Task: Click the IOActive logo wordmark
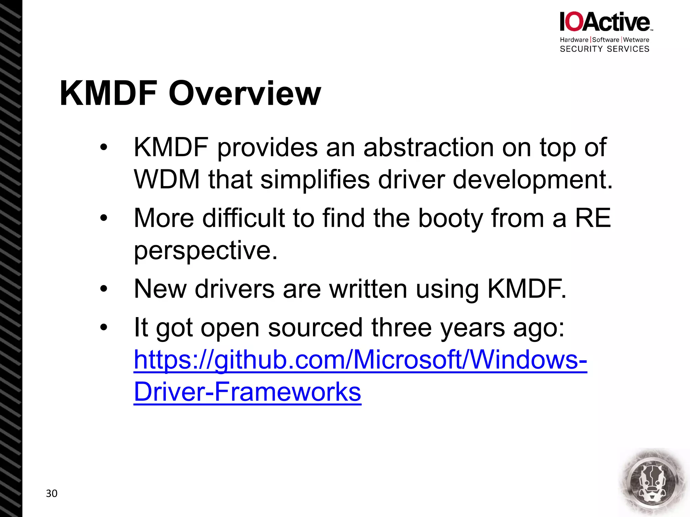pyautogui.click(x=605, y=22)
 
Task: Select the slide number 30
pyautogui.click(x=52, y=493)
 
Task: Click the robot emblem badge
pyautogui.click(x=653, y=482)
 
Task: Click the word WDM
pyautogui.click(x=167, y=179)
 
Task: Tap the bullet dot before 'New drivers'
pyautogui.click(x=103, y=289)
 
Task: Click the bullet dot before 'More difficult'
pyautogui.click(x=103, y=218)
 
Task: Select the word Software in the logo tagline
pyautogui.click(x=605, y=40)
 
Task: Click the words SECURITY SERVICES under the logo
pyautogui.click(x=604, y=49)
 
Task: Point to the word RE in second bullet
pyautogui.click(x=593, y=218)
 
